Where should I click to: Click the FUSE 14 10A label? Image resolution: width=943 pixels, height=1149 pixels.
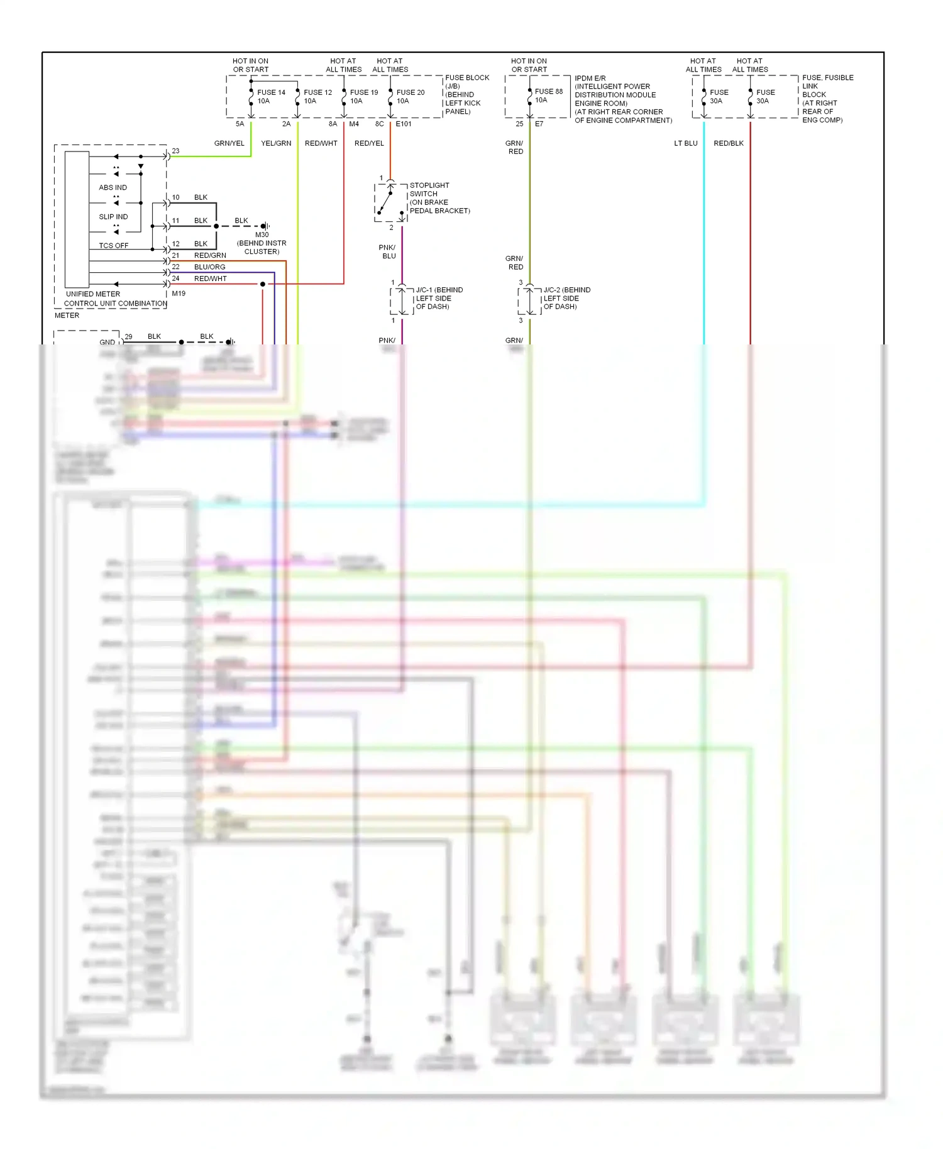271,96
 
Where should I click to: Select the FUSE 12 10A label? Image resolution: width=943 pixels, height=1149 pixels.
317,96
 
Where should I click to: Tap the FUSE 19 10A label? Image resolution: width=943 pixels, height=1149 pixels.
364,96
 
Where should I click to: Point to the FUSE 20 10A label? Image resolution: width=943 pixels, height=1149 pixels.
411,96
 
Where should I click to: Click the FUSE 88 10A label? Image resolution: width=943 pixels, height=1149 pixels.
548,96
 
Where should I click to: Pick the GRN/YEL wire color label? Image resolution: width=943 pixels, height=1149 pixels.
229,143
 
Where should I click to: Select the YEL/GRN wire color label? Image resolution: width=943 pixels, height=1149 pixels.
276,143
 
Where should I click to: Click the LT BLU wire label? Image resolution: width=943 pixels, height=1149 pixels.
686,143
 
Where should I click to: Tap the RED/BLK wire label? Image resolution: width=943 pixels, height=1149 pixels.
729,143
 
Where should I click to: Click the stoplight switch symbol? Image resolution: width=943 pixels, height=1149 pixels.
390,202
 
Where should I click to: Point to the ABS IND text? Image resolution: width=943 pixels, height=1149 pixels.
113,187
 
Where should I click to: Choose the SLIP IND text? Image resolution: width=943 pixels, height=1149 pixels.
113,217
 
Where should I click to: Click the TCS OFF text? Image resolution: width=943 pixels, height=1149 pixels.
113,246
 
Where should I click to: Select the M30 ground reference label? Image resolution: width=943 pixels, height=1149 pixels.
262,234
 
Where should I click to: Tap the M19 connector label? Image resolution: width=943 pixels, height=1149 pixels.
179,294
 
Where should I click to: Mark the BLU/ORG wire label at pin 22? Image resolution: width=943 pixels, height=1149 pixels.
209,267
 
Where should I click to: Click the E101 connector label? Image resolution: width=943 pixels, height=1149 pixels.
404,124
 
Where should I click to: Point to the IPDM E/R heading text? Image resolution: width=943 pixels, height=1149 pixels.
590,79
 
